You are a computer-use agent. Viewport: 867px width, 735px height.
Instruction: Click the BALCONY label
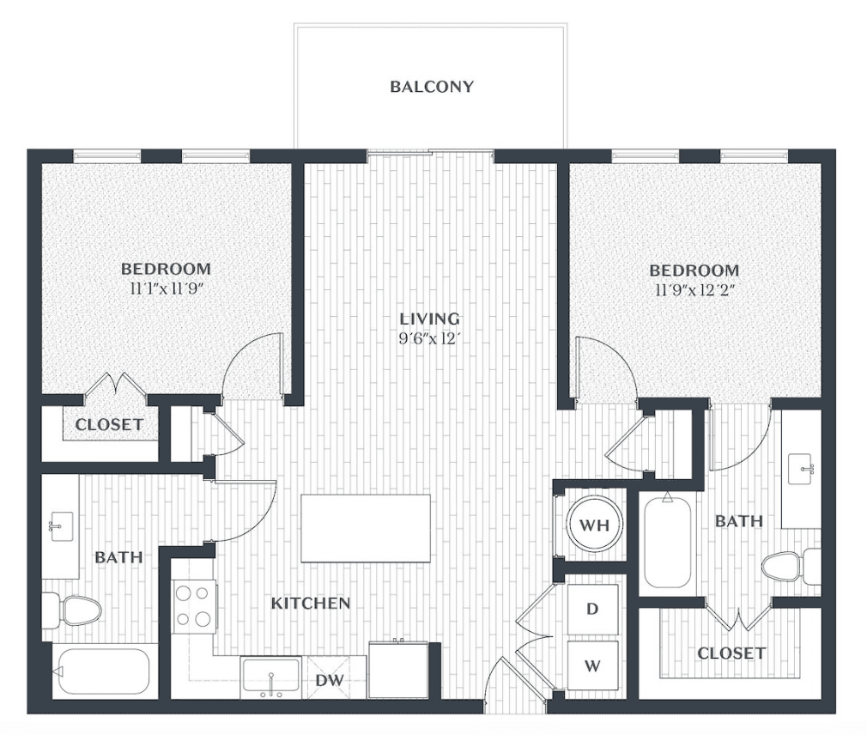pyautogui.click(x=432, y=87)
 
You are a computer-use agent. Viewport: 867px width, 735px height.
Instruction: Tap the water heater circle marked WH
pyautogui.click(x=594, y=525)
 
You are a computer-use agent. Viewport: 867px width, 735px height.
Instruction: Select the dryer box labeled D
pyautogui.click(x=593, y=609)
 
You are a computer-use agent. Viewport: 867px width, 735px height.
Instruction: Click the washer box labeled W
pyautogui.click(x=593, y=665)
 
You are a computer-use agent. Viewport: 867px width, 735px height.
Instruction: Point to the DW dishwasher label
pyautogui.click(x=330, y=680)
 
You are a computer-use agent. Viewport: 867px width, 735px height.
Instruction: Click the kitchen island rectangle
pyautogui.click(x=366, y=528)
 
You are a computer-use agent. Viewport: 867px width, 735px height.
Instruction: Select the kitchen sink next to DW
pyautogui.click(x=271, y=678)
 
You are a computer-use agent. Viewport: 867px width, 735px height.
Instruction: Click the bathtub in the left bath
pyautogui.click(x=105, y=671)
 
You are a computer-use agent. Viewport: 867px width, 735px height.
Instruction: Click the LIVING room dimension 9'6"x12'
pyautogui.click(x=429, y=338)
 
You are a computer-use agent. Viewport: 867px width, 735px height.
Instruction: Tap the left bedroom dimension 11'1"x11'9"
pyautogui.click(x=166, y=289)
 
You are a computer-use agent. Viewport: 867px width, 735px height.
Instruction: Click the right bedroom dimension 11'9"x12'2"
pyautogui.click(x=694, y=290)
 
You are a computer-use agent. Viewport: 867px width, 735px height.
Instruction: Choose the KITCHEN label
pyautogui.click(x=311, y=603)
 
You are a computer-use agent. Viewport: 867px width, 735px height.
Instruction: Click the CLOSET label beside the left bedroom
pyautogui.click(x=110, y=425)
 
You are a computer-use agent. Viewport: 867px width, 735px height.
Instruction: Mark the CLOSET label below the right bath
pyautogui.click(x=731, y=653)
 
